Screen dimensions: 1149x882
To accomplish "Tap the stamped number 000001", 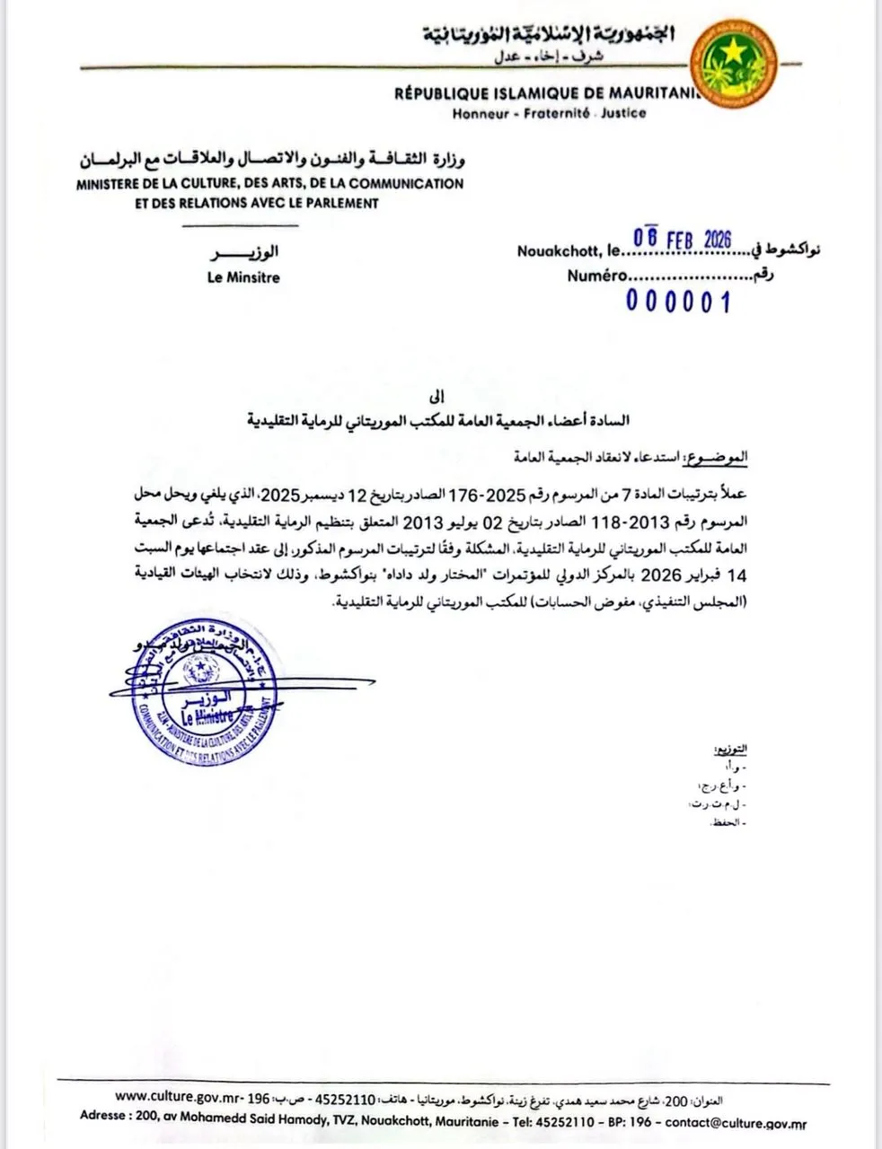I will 678,302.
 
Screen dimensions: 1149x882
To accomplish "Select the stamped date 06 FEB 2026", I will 683,240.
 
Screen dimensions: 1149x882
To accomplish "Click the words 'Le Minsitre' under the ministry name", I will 243,277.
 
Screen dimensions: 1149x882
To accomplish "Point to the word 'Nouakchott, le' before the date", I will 568,251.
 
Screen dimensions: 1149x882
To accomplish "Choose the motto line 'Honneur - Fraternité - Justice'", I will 549,114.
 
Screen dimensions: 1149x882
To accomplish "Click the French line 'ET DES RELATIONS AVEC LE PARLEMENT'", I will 256,203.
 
